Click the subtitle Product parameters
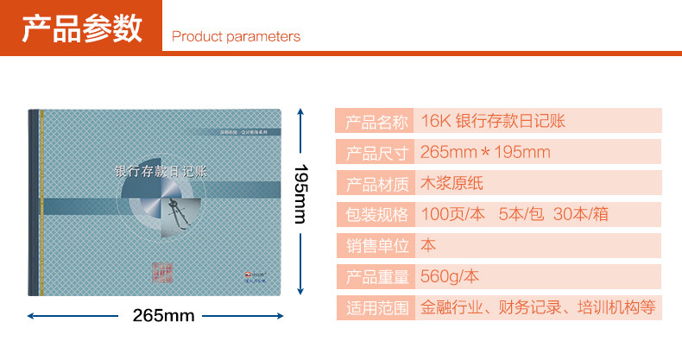click(x=236, y=36)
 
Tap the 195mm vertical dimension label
click(x=300, y=193)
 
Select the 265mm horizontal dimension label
click(x=163, y=315)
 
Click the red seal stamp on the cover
click(x=162, y=271)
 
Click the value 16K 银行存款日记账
click(x=493, y=121)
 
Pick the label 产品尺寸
click(x=376, y=153)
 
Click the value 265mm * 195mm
click(x=485, y=153)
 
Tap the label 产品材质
click(x=376, y=184)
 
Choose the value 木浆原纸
click(x=453, y=183)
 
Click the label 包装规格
click(x=376, y=215)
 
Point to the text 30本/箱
click(x=586, y=214)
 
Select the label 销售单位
click(x=376, y=246)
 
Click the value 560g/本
click(x=449, y=276)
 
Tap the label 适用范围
click(x=376, y=307)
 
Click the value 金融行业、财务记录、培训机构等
click(x=538, y=306)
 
